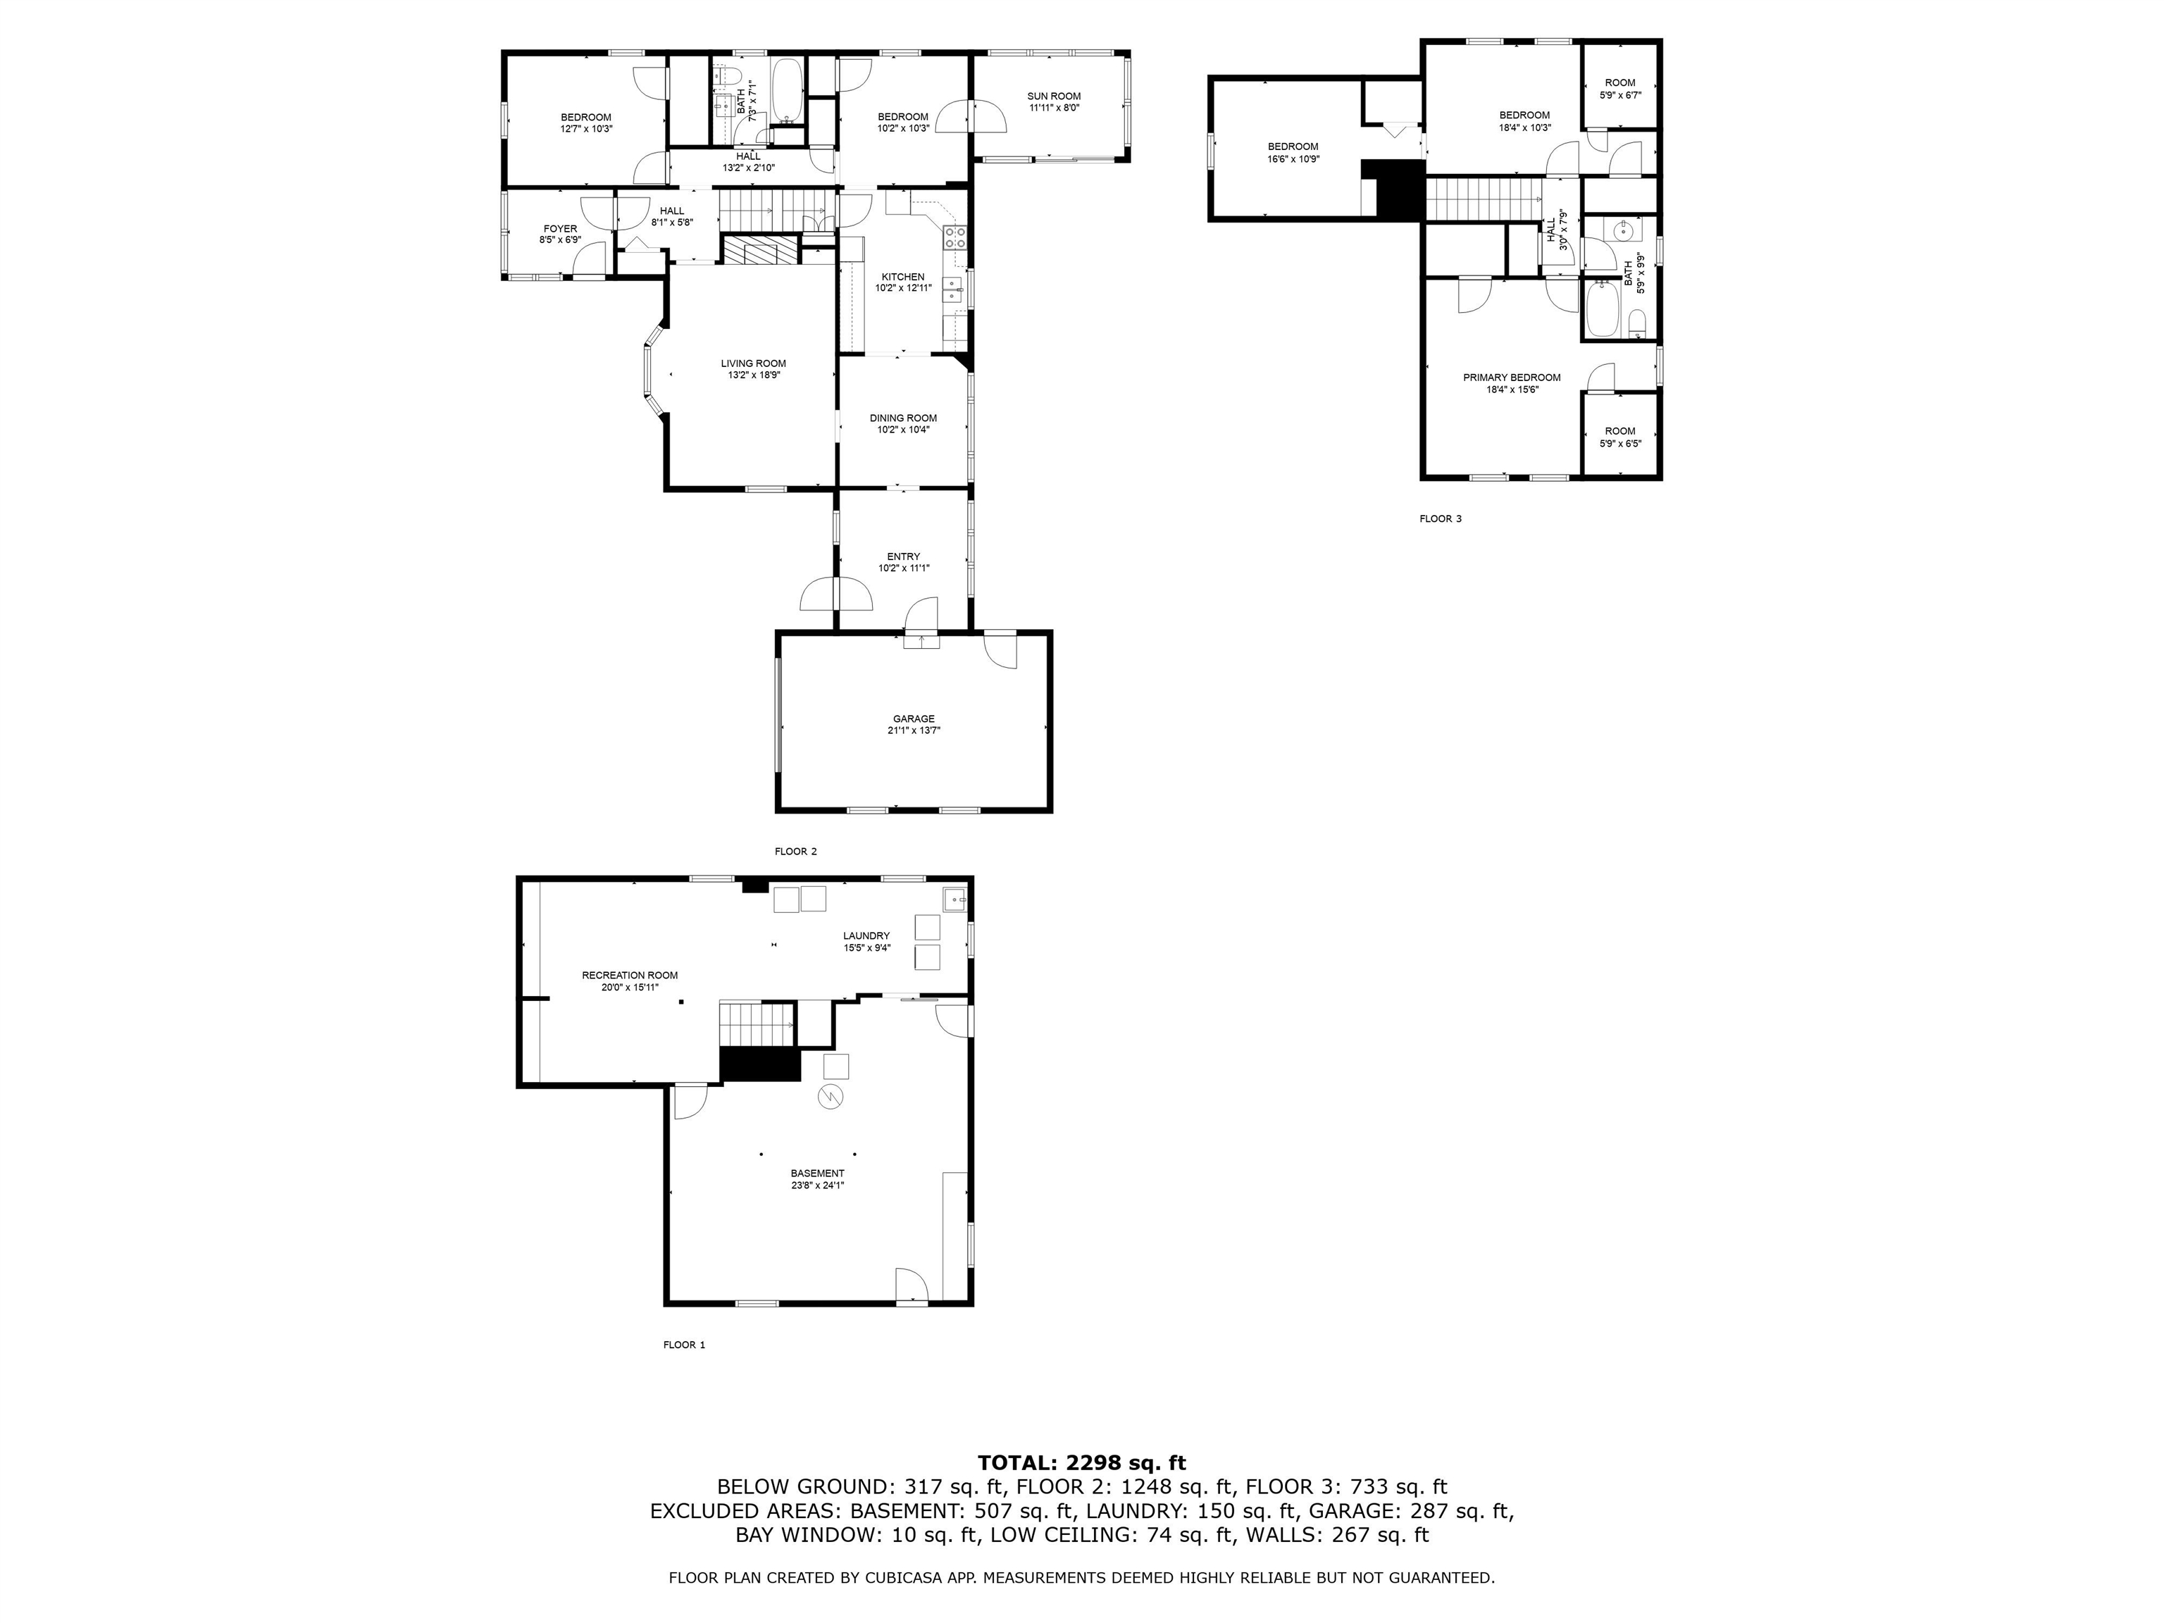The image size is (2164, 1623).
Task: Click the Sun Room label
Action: tap(1054, 96)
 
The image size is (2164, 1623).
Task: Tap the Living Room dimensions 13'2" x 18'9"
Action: tap(753, 375)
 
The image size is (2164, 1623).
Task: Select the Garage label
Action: tap(913, 719)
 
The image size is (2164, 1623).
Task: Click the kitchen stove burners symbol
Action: tap(954, 237)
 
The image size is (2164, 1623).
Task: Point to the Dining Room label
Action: tap(903, 418)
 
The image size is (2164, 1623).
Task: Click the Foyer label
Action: tap(561, 229)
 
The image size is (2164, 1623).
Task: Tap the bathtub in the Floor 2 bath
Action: tap(788, 90)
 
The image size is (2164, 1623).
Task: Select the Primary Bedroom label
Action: tap(1512, 378)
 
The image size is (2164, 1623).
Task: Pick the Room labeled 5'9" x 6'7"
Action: tap(1620, 89)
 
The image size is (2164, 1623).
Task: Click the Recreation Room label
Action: tap(629, 976)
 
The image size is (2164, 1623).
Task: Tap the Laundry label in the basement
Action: tap(866, 935)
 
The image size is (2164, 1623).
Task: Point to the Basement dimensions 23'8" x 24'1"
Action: tap(818, 1186)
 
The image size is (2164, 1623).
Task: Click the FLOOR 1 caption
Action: tap(684, 1344)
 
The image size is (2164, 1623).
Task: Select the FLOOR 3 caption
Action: tap(1440, 518)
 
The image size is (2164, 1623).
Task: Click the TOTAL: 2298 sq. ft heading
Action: tap(1081, 1462)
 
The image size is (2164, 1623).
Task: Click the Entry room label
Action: tap(903, 556)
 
